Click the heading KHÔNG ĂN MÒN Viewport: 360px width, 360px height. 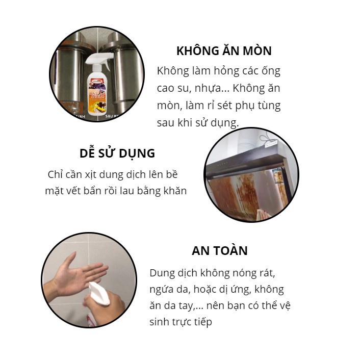224,51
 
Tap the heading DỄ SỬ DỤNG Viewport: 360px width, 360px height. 117,153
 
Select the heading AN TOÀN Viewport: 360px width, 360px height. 220,251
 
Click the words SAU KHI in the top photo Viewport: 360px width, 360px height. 113,116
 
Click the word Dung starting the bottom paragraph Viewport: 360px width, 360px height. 161,273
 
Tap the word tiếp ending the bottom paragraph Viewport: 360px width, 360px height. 201,322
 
